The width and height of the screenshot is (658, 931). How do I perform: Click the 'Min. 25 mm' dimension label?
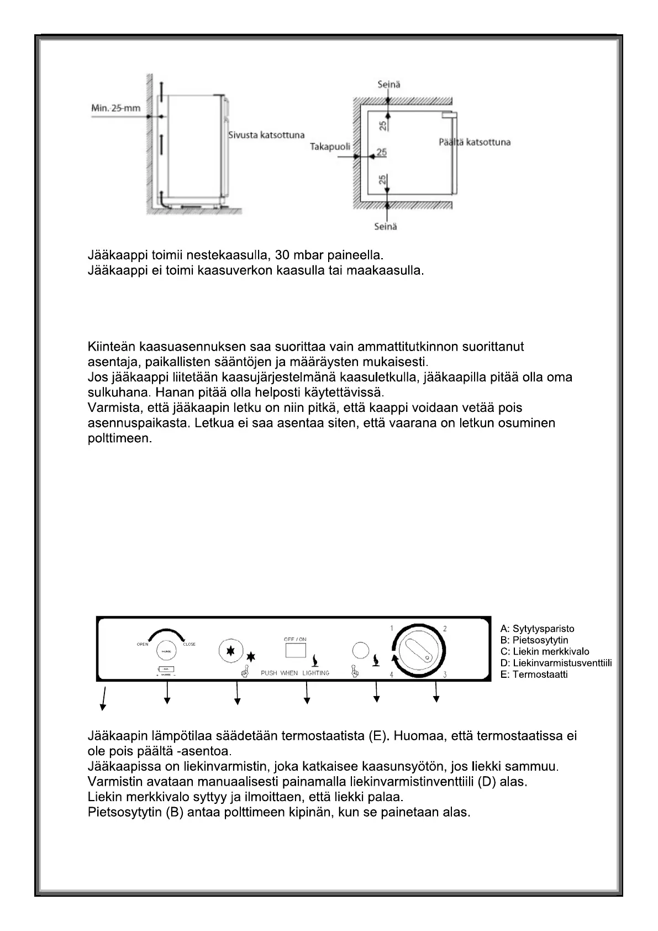[x=115, y=107]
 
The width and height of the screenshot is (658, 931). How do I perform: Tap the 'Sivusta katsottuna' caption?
[x=266, y=135]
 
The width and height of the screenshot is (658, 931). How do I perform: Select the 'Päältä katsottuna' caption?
[x=475, y=142]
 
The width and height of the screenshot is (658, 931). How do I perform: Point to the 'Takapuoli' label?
[x=329, y=148]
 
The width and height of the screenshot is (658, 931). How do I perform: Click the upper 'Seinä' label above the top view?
[x=388, y=85]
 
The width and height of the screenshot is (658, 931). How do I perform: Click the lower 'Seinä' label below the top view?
[x=385, y=226]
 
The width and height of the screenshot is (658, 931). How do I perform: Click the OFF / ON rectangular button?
[x=296, y=650]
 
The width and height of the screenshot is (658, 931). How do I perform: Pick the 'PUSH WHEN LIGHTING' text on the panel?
[x=295, y=673]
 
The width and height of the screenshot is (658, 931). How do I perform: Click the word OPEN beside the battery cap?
[x=143, y=644]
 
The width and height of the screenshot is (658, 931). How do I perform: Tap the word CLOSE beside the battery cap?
[x=189, y=644]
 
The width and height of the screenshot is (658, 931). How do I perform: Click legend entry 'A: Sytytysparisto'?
[x=537, y=629]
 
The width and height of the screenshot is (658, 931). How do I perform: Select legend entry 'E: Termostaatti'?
[x=534, y=674]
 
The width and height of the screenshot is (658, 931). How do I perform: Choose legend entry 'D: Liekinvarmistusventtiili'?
[x=556, y=663]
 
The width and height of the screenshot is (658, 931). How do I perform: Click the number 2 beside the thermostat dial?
[x=445, y=629]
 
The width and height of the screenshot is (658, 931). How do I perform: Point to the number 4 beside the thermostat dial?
[x=392, y=674]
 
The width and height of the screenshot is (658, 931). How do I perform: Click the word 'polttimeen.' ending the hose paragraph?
[x=120, y=438]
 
